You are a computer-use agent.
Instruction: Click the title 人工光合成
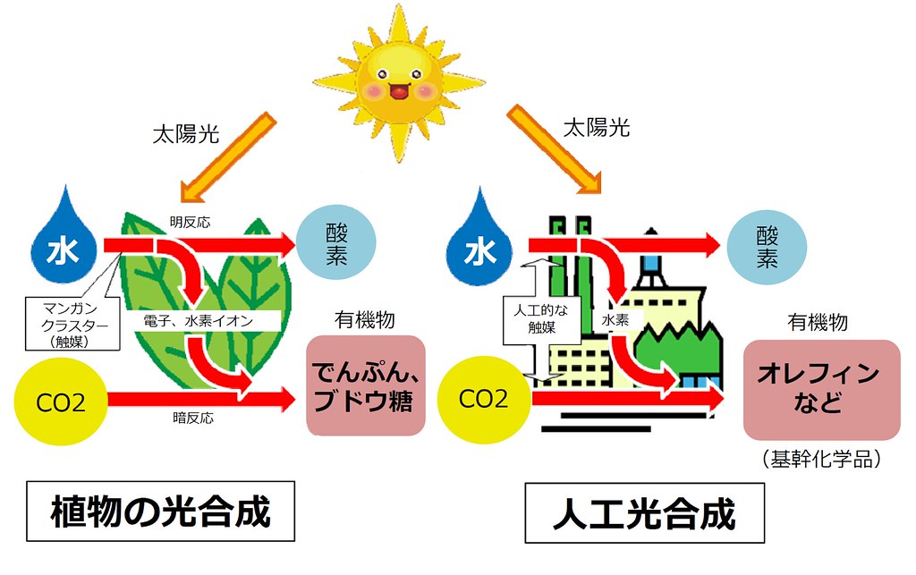pyautogui.click(x=644, y=514)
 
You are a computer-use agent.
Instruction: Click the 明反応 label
pyautogui.click(x=188, y=220)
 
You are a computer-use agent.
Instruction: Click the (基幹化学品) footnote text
pyautogui.click(x=822, y=460)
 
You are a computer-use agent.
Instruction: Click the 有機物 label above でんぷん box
pyautogui.click(x=365, y=319)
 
